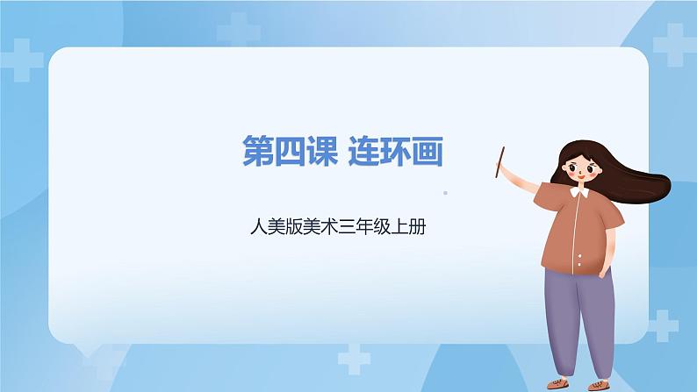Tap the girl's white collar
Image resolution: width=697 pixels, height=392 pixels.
point(578,191)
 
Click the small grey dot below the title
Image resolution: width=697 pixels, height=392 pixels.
point(445,192)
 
